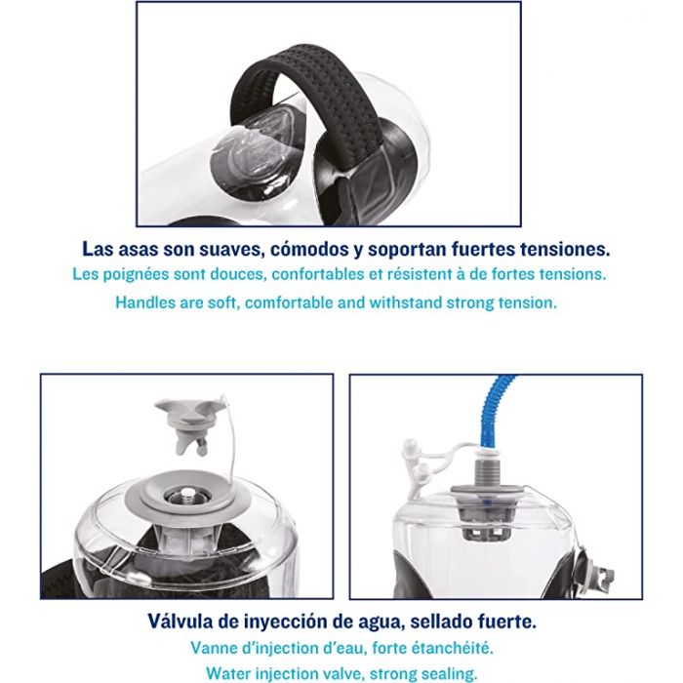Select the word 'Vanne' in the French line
[212, 648]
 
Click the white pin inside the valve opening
[187, 492]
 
